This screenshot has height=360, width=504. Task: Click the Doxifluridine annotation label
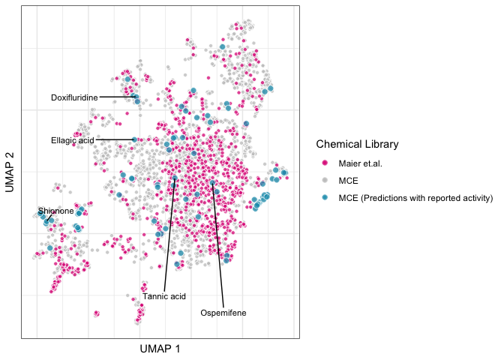74,97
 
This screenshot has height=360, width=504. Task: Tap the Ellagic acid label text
72,140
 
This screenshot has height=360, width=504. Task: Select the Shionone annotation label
56,211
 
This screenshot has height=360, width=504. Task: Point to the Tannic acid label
163,296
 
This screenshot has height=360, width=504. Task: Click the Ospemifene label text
223,313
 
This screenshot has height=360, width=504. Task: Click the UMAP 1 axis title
160,349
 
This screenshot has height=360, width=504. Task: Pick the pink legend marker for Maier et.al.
325,163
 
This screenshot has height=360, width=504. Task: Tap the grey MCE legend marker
325,181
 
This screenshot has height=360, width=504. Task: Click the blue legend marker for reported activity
325,199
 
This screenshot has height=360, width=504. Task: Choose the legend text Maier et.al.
361,163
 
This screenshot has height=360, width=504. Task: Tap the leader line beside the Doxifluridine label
116,97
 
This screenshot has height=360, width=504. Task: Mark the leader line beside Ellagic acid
112,139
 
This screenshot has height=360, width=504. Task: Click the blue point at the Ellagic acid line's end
134,139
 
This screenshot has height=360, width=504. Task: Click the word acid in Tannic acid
176,296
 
